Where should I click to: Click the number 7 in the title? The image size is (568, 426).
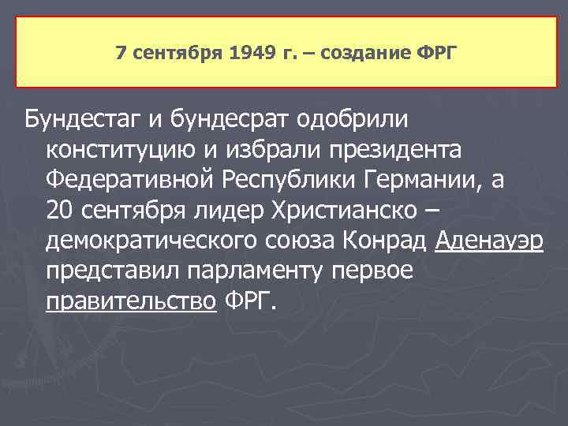tap(120, 54)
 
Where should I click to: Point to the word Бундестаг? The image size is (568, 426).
tap(81, 119)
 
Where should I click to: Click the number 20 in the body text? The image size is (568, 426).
tap(58, 211)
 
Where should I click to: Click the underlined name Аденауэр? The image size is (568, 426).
tap(489, 241)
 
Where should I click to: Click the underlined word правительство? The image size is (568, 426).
tap(131, 302)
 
